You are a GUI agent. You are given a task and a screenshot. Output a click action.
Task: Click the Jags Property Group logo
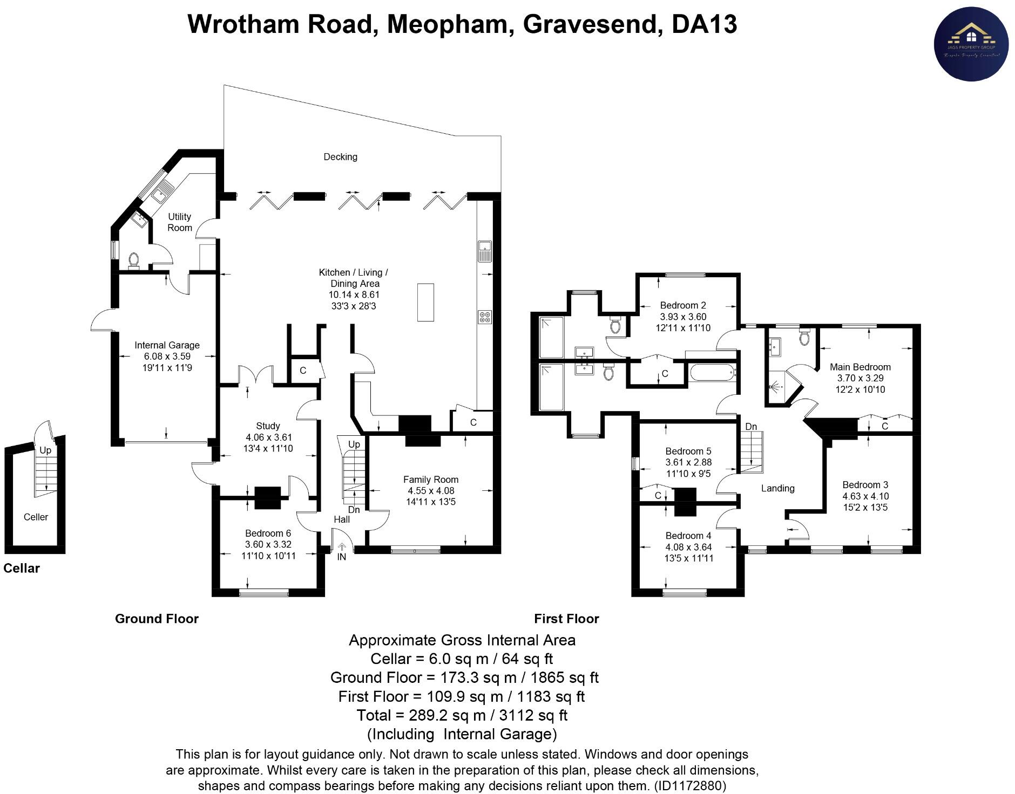point(971,45)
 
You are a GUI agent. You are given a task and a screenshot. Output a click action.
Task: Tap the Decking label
point(340,157)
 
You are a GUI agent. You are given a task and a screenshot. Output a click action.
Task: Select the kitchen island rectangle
point(425,302)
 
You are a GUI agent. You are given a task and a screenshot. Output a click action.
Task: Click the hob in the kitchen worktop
point(484,317)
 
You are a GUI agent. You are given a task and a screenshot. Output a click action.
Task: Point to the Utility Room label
point(180,222)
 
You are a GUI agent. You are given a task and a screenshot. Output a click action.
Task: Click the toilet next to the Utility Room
point(133,261)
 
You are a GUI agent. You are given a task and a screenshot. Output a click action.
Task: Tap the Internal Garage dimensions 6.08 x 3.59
point(167,357)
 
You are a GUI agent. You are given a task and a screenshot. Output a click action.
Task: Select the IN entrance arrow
point(342,547)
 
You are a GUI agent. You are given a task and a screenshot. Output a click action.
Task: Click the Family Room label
point(431,480)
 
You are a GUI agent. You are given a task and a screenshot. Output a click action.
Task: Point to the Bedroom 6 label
point(268,533)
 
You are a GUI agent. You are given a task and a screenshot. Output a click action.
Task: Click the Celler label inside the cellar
point(36,517)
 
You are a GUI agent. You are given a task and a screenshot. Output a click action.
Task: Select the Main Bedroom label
point(860,367)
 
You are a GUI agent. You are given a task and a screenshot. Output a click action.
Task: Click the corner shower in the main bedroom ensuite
point(779,385)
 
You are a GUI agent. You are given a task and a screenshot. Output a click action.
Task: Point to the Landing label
point(777,488)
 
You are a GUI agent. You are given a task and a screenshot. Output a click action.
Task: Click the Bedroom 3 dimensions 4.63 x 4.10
point(865,496)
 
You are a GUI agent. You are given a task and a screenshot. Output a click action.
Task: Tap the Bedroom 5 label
point(688,451)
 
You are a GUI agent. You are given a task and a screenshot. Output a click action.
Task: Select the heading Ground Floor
point(157,619)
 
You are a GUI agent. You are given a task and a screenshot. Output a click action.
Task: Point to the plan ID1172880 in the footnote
point(689,785)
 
